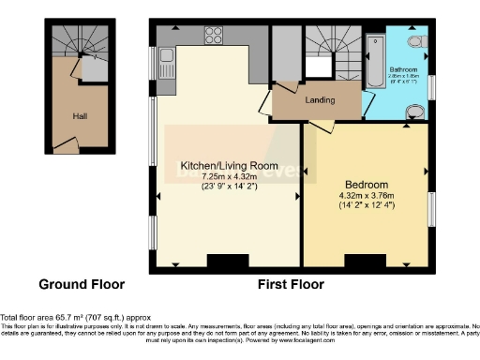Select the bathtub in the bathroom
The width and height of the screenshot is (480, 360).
(377, 58)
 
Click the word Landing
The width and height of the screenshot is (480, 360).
(321, 99)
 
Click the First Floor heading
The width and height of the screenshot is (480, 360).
(291, 283)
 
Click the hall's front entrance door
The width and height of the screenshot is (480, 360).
(66, 145)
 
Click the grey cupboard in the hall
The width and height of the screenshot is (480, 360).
(95, 68)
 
